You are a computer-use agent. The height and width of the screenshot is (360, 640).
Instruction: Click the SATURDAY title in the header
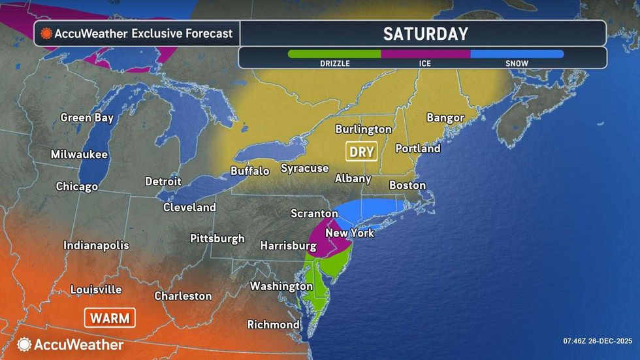coord(425,33)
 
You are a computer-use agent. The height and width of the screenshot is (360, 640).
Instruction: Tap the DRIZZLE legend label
coord(334,63)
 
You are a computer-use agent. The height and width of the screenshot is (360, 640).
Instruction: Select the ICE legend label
coord(425,63)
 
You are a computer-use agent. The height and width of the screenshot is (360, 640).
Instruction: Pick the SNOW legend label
coord(517,63)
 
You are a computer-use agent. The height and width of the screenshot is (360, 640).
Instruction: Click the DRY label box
coord(361,152)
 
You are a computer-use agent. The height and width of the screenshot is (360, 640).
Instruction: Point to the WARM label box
coord(110,318)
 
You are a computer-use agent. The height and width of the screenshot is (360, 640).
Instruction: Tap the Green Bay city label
coord(87,118)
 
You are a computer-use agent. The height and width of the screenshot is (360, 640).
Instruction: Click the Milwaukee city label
coord(79,155)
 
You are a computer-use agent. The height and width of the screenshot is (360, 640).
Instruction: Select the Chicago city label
coord(76,186)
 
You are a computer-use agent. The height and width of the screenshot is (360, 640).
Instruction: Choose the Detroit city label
coord(163,181)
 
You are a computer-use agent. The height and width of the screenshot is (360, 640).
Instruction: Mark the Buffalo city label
coord(250,171)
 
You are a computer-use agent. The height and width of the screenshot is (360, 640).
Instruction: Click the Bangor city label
coord(445,118)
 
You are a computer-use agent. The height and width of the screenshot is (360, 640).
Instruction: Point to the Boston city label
coord(408,186)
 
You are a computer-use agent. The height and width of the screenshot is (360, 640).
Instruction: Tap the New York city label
coord(349,233)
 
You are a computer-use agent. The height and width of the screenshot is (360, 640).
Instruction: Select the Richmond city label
coord(273,325)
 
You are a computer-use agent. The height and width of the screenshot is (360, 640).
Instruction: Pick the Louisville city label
coord(96,289)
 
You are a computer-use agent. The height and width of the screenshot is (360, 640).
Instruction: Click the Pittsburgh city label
coord(217,238)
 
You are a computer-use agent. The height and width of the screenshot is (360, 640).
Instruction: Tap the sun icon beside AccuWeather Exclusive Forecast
coord(46,33)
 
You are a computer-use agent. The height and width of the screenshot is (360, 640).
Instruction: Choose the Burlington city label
coord(363,129)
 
